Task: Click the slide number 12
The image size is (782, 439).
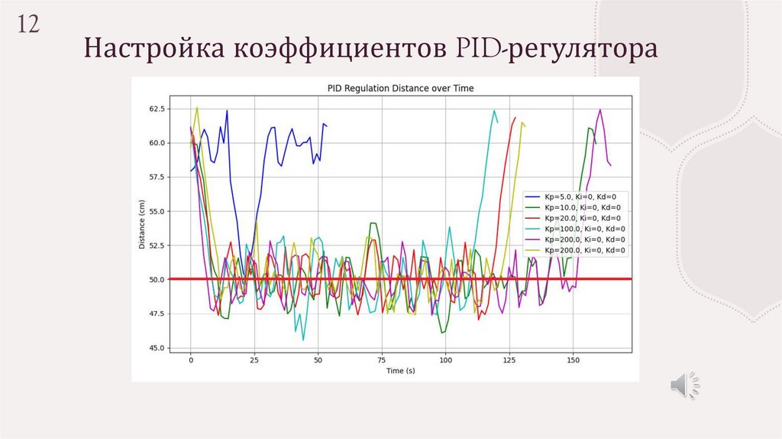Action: click(x=28, y=24)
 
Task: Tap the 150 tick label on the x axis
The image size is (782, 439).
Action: click(x=574, y=359)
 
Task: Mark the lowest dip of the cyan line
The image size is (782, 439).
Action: click(x=303, y=340)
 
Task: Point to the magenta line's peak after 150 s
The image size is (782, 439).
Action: click(x=600, y=110)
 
